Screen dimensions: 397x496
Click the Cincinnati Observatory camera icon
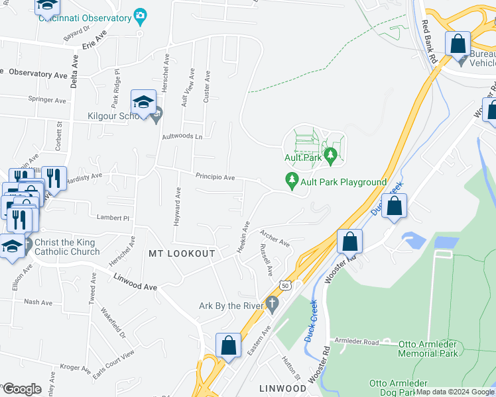tap(140, 15)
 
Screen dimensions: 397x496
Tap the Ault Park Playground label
tap(343, 182)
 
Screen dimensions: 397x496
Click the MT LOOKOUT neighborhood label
tap(182, 253)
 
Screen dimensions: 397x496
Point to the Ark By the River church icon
tap(271, 304)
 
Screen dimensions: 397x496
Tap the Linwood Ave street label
tap(135, 283)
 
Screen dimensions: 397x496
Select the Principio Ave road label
tap(215, 177)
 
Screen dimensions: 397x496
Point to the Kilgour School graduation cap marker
tap(143, 103)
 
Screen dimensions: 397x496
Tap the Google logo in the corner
tap(22, 388)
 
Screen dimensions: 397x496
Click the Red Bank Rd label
tap(430, 42)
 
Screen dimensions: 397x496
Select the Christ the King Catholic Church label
tap(66, 247)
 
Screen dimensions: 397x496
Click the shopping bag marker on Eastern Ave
tap(228, 345)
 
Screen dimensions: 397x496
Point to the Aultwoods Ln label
tap(182, 136)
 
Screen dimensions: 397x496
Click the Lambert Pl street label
tap(112, 218)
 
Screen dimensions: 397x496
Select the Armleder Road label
tap(356, 342)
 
